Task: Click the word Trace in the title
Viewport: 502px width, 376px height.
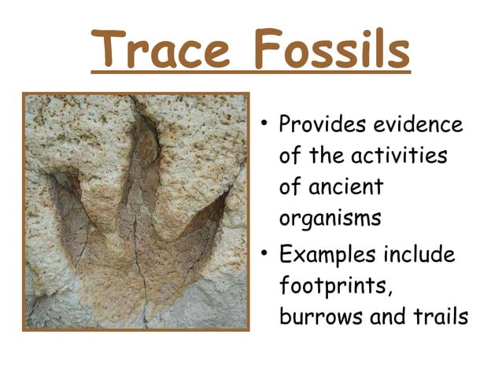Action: point(157,50)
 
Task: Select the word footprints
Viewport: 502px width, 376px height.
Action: point(335,286)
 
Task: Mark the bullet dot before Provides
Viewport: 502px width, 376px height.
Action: point(266,124)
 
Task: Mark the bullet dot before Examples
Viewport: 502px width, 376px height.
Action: point(266,253)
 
